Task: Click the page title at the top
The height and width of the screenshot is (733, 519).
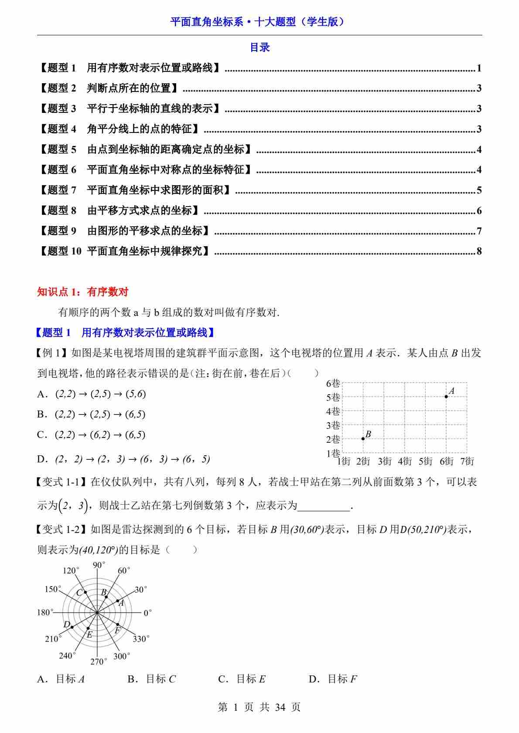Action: tap(259, 22)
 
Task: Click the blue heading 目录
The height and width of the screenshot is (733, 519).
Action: tap(259, 48)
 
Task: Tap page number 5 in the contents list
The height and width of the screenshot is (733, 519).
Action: tap(479, 190)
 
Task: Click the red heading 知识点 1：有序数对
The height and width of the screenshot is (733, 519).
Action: tap(83, 292)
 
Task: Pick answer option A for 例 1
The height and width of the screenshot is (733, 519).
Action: tap(92, 394)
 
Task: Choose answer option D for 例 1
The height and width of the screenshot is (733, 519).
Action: tap(124, 459)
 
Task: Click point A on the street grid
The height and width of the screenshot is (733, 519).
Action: tap(446, 397)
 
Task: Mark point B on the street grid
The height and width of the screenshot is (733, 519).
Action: tap(363, 438)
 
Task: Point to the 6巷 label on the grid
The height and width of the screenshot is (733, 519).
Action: tap(333, 383)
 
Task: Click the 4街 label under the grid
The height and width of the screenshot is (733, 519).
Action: tap(404, 461)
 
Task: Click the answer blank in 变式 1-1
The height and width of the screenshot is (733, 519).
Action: tap(324, 506)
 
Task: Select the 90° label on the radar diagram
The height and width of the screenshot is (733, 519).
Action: tap(99, 565)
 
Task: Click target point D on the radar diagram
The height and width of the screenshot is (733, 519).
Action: tap(72, 627)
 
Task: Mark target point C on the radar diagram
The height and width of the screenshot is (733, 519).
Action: tap(85, 592)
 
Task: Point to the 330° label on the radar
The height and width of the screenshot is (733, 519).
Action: tap(141, 639)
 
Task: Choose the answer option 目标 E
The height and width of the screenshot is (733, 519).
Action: tap(242, 679)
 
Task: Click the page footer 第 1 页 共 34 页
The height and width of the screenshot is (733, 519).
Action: tap(259, 707)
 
